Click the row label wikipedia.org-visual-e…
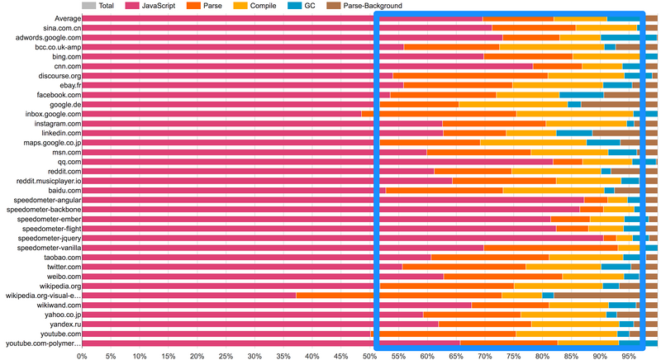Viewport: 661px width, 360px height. [43, 295]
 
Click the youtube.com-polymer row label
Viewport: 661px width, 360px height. [44, 343]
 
